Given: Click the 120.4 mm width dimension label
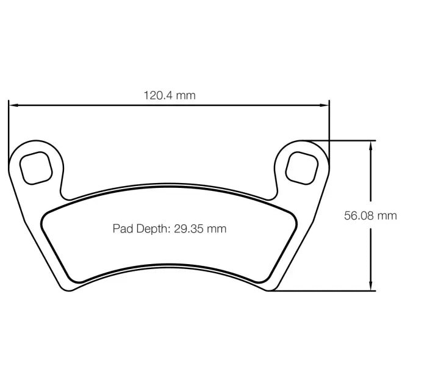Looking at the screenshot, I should [169, 95].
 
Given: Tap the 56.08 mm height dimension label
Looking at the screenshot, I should [370, 215].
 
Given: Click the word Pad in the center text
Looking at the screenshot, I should [122, 229].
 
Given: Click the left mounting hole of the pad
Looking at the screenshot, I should [35, 167].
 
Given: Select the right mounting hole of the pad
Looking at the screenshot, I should [302, 166].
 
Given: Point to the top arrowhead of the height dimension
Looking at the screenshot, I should [370, 145].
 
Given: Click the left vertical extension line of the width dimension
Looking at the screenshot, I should [9, 128].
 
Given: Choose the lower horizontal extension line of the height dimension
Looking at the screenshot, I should [323, 291].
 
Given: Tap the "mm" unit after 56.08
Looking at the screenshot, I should [387, 215].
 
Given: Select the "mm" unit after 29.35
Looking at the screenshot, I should [216, 229].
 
